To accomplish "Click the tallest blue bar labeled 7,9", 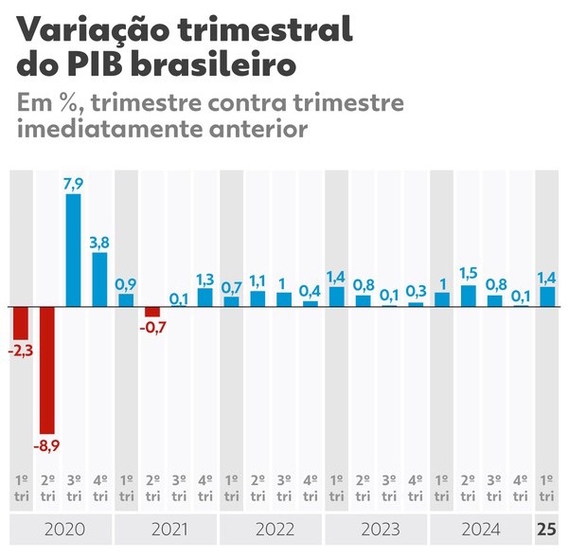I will [x=73, y=250].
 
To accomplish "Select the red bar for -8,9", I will [x=46, y=370].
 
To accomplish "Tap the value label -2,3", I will [x=20, y=351].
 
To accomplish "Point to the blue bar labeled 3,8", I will [x=99, y=279].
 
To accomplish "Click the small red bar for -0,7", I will [x=151, y=312].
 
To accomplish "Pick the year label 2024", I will [x=482, y=529].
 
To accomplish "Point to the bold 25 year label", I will [x=547, y=529].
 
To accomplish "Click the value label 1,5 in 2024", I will [x=468, y=274].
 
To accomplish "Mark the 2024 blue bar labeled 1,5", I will [x=468, y=296].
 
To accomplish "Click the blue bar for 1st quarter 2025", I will [x=547, y=297].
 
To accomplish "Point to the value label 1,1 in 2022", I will [x=257, y=280].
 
